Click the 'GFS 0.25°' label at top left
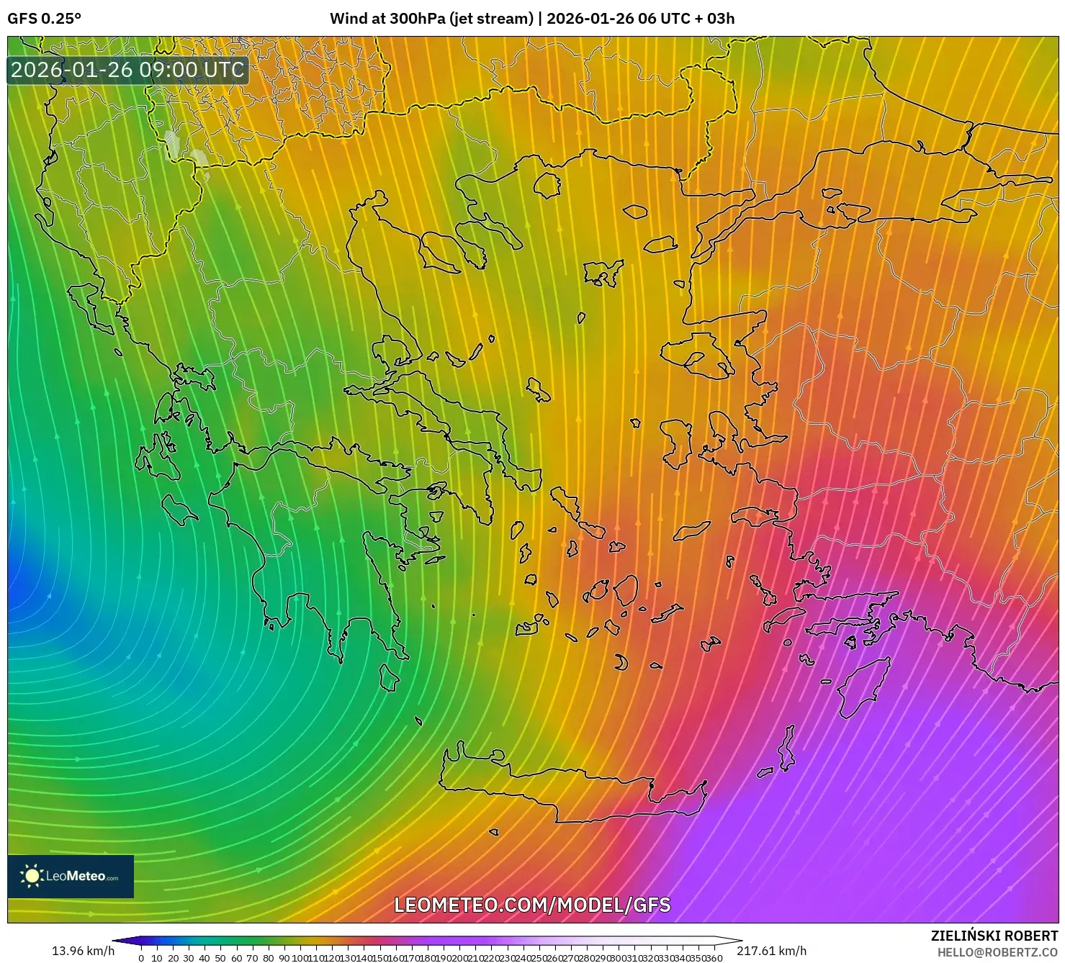click(44, 19)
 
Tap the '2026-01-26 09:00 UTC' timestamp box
click(128, 70)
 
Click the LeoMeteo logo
click(71, 876)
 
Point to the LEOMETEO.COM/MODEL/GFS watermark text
click(532, 905)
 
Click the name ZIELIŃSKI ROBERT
click(994, 936)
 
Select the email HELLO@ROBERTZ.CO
click(997, 952)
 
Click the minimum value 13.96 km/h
click(83, 951)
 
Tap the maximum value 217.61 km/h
click(771, 951)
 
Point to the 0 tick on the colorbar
click(141, 957)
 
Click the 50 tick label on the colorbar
click(220, 957)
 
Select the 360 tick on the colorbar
click(713, 957)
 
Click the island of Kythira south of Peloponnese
click(389, 677)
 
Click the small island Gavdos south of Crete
click(494, 833)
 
